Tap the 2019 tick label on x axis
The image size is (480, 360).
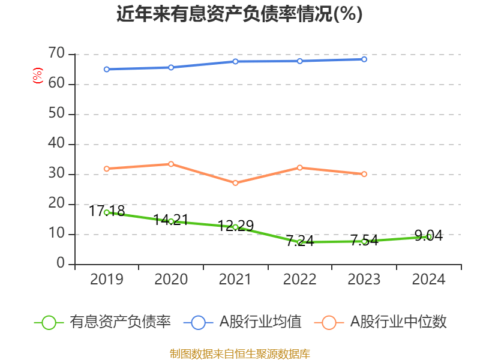[x=107, y=280]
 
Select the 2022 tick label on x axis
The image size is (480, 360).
[x=300, y=280]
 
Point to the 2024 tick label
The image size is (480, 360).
[x=429, y=280]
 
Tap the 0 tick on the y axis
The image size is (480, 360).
[x=61, y=264]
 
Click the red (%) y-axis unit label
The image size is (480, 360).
[x=37, y=76]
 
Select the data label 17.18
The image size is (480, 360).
[x=107, y=211]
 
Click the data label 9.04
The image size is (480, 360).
[x=429, y=236]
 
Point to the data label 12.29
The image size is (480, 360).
[x=236, y=226]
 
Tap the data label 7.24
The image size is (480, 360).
[x=300, y=241]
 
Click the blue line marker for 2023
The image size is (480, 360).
[x=364, y=59]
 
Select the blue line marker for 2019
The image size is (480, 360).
[x=107, y=69]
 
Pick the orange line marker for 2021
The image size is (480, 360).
[x=236, y=182]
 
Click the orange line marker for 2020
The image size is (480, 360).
[x=171, y=164]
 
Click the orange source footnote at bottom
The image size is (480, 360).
[x=239, y=353]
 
